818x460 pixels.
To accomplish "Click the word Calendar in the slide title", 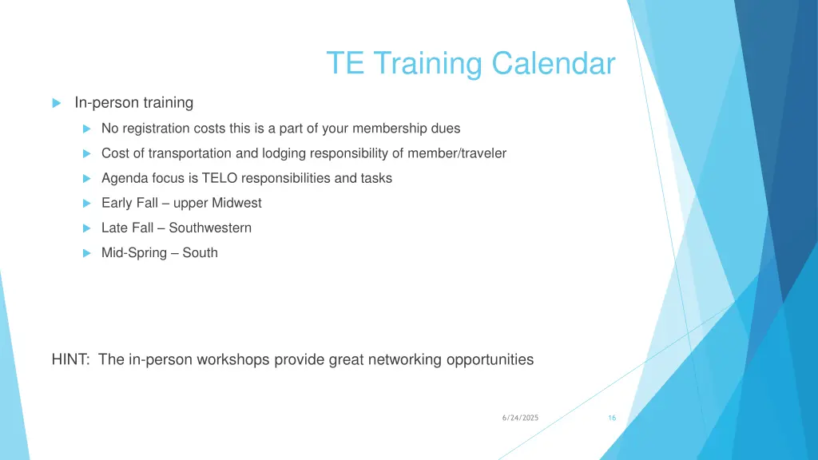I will point(554,63).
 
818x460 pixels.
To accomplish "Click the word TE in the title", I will point(345,63).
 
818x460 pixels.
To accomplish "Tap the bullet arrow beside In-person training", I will point(56,103).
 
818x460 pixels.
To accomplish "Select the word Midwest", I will point(236,203).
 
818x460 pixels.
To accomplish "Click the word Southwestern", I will point(210,228).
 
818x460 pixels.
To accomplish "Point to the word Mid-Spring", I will point(134,252).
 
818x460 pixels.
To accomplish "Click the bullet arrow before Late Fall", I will point(88,228).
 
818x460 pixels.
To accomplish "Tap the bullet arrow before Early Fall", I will point(88,204).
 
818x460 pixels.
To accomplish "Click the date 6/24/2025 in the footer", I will point(520,418).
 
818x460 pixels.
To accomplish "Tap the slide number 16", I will point(611,418).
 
